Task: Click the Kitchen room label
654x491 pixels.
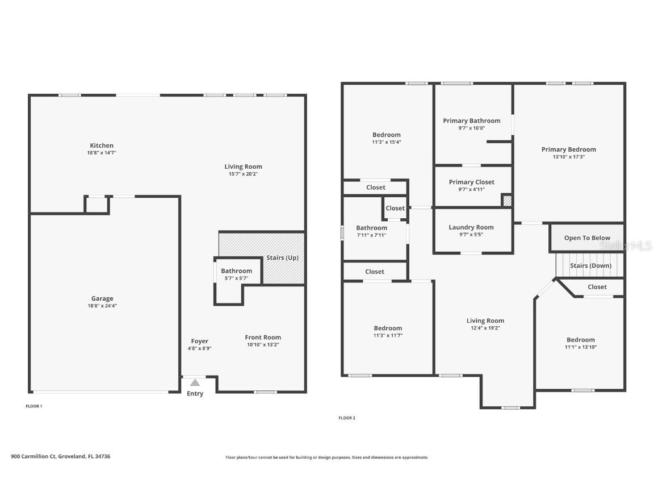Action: tap(102, 145)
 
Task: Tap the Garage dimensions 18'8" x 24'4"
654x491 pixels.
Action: tap(102, 306)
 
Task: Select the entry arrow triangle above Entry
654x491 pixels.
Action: tap(195, 382)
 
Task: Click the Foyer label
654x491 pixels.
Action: tap(199, 341)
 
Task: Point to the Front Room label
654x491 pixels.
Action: tap(263, 337)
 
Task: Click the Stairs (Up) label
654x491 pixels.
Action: tap(282, 258)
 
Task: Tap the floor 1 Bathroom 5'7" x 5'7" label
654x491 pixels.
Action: tap(236, 271)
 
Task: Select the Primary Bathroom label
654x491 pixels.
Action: tap(471, 120)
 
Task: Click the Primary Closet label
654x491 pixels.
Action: tap(471, 182)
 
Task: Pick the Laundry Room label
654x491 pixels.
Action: tap(471, 227)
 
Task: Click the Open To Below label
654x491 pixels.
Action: tap(587, 238)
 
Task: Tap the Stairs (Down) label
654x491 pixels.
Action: tap(590, 265)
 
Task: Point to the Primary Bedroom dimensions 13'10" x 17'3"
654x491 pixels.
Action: tap(568, 157)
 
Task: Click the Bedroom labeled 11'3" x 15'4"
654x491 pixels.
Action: tap(386, 135)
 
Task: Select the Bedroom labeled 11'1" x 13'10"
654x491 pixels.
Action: tap(580, 340)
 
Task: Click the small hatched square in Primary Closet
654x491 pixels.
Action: tap(507, 201)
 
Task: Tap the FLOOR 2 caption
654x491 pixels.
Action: tap(347, 418)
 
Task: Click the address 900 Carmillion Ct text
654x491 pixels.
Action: tap(60, 456)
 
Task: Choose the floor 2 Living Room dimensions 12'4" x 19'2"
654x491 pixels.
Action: tap(485, 328)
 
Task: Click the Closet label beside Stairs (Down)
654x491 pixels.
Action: tap(597, 287)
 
